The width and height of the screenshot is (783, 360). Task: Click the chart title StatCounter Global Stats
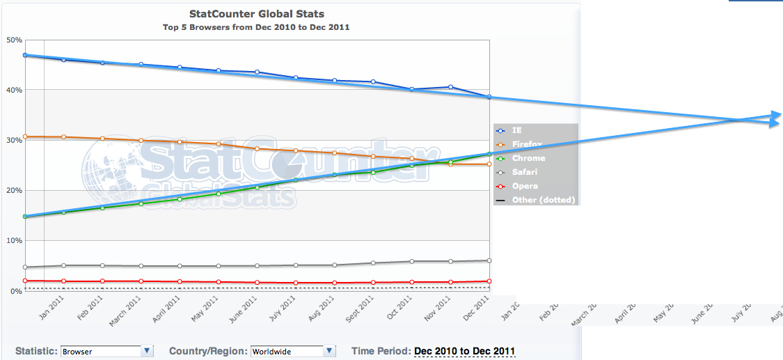257,13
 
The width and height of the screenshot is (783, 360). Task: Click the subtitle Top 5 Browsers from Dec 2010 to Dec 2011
257,27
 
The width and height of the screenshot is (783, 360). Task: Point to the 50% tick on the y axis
14,40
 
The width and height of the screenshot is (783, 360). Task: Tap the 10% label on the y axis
14,240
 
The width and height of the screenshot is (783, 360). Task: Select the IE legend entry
517,130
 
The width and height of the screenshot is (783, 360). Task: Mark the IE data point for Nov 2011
450,87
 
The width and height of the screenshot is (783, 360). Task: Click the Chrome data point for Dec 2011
489,154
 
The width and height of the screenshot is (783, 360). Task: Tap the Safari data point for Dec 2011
489,260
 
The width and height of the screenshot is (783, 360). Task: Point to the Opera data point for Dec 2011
489,281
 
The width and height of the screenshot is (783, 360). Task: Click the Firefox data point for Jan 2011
63,136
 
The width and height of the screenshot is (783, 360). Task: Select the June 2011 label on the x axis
246,307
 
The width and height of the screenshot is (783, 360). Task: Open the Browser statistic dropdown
146,351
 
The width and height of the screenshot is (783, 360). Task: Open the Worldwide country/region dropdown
330,351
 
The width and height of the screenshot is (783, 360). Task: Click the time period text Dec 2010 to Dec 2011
464,351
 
